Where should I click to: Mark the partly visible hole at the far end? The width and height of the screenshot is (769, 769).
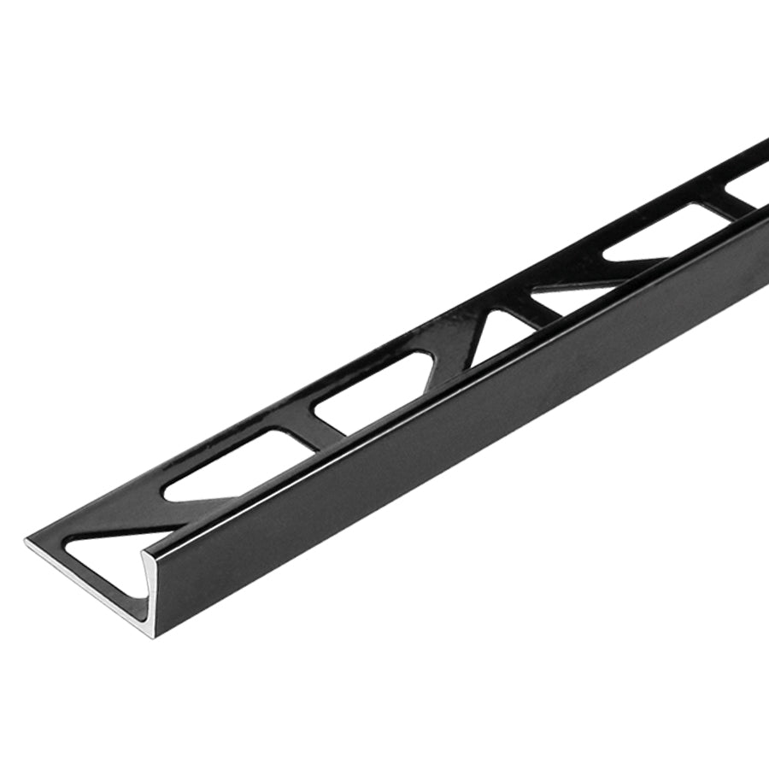pos(752,175)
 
